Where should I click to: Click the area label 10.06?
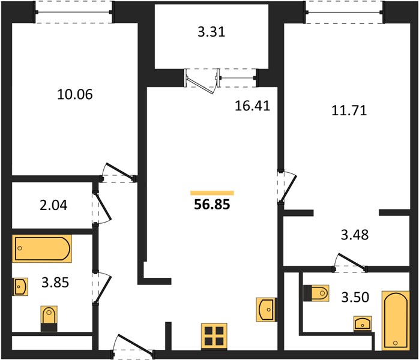point(75,94)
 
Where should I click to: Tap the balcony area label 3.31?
point(211,32)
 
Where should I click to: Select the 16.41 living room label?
point(252,106)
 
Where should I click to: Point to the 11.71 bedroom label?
point(349,110)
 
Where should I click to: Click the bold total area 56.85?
point(212,205)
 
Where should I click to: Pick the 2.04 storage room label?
point(53,205)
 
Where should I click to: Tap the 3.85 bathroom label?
point(55,282)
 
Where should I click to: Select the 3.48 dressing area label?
point(355,235)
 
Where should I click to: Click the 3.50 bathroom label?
point(355,297)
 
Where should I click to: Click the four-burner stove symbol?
point(214,337)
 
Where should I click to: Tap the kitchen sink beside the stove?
point(266,310)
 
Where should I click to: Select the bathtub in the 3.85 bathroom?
point(42,248)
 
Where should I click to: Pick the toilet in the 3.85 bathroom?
point(49,319)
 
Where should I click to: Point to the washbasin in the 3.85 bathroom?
point(20,287)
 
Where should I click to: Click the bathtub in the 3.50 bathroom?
point(396,321)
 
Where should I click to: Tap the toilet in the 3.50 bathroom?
point(316,293)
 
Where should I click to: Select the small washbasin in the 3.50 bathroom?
point(363,323)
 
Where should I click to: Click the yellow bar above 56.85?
point(212,193)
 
